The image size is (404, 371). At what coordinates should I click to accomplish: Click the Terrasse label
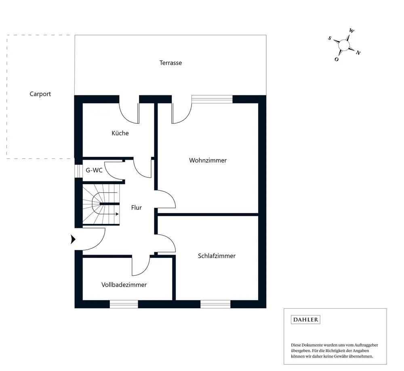tap(170, 63)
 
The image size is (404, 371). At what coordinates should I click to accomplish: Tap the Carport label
tap(40, 94)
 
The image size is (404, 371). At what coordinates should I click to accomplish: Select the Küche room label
tap(120, 133)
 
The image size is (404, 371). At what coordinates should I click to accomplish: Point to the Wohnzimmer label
tap(208, 160)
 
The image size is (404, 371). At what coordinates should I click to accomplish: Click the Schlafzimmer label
tap(217, 256)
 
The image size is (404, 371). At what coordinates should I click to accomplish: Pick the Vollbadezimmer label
tap(124, 285)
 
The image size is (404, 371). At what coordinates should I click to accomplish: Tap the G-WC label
tap(94, 170)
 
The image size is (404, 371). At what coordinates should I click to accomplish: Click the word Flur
tap(136, 208)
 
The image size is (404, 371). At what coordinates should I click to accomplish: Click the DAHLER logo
tap(305, 320)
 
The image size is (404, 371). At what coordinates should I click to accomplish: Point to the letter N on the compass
tap(358, 53)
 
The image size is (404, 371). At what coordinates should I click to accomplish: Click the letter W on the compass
tap(351, 31)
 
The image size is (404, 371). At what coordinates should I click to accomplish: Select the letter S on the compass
tap(330, 38)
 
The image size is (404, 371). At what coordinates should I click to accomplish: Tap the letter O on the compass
tap(337, 59)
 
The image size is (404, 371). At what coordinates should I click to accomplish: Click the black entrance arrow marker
tap(73, 239)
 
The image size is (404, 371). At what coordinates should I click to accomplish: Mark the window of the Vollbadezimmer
tap(124, 304)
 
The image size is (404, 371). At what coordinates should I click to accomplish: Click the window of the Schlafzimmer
tap(215, 304)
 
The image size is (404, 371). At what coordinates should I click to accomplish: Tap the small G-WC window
tap(78, 171)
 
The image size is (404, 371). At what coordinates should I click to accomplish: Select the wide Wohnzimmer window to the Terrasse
tap(212, 99)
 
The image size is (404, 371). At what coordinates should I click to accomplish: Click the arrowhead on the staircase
tap(117, 214)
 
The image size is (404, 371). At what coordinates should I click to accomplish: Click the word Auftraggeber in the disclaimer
tap(366, 345)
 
